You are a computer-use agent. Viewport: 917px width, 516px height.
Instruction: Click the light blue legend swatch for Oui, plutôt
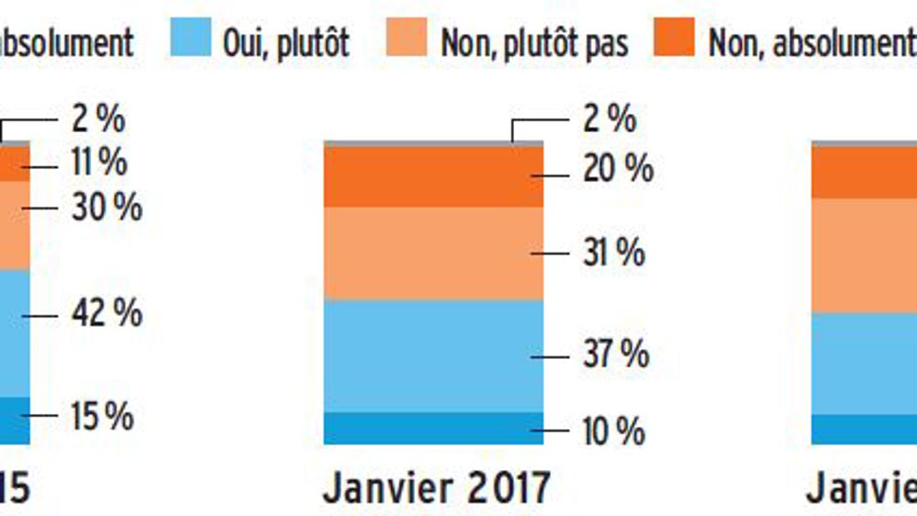[191, 39]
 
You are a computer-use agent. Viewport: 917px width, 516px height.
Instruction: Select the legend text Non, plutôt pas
[534, 41]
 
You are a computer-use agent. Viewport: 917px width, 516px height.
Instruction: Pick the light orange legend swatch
[408, 39]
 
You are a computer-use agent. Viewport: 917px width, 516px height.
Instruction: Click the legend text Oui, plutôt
[285, 41]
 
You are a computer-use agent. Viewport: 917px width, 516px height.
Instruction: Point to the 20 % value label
[618, 169]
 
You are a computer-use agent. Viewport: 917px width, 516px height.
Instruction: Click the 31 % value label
[614, 253]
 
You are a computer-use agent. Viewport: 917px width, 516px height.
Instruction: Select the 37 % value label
[616, 354]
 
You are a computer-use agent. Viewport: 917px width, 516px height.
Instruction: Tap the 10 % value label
[614, 432]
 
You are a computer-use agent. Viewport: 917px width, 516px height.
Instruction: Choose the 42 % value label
[106, 314]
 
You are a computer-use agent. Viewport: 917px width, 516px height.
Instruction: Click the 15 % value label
[103, 417]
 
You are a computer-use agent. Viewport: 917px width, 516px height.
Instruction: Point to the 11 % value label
[99, 163]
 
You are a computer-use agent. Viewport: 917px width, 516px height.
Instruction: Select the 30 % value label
[106, 208]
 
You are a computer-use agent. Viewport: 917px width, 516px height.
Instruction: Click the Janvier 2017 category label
[435, 488]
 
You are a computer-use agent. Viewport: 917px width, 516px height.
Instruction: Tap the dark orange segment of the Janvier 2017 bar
[433, 176]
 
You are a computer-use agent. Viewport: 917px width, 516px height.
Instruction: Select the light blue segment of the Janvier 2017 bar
[433, 355]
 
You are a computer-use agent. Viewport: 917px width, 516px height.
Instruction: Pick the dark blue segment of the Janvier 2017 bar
[433, 428]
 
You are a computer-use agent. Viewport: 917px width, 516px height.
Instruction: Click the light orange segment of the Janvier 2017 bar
[433, 253]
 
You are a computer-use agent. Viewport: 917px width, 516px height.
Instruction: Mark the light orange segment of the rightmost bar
[863, 255]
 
